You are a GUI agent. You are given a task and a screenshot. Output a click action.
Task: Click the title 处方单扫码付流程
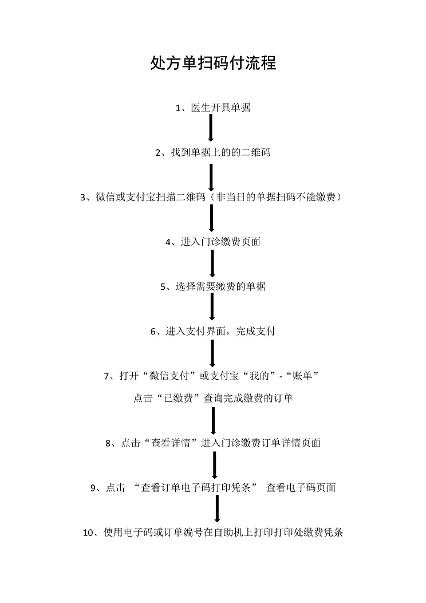[213, 63]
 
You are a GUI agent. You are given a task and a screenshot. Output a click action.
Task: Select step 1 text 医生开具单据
[220, 108]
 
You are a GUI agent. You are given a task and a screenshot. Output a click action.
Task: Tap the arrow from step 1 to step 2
[211, 128]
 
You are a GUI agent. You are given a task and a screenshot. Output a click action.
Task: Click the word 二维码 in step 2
[256, 152]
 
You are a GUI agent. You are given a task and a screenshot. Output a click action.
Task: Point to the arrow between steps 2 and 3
[211, 178]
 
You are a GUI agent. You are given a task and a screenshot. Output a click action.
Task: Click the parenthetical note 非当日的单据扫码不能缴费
[275, 197]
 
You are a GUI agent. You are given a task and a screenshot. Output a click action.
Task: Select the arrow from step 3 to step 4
[211, 218]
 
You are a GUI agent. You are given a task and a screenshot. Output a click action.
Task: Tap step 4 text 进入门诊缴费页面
[220, 242]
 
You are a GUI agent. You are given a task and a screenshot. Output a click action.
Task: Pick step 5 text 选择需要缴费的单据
[220, 286]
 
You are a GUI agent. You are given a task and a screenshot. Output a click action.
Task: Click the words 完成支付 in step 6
[256, 331]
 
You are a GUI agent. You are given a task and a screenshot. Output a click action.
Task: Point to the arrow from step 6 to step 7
[212, 353]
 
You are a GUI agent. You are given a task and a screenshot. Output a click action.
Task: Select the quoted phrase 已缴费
[179, 398]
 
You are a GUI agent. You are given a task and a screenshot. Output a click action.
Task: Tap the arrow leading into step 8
[213, 421]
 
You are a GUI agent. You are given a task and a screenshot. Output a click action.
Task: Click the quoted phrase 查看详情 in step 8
[171, 443]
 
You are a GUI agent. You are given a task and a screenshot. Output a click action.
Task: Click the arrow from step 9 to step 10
[217, 509]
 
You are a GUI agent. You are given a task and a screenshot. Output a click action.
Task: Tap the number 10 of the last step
[88, 533]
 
